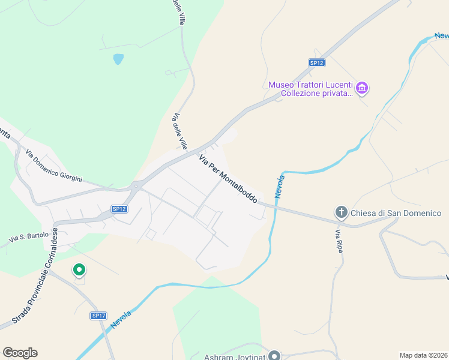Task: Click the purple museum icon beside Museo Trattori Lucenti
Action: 361,89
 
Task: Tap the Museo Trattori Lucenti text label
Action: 310,89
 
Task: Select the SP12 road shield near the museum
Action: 317,62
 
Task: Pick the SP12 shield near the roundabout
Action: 119,209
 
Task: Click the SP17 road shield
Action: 98,316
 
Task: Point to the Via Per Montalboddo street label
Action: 228,178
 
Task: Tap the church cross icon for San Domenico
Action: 341,212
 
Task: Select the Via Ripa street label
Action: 339,241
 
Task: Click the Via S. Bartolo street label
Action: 28,238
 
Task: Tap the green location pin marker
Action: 79,271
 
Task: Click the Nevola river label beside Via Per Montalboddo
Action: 279,187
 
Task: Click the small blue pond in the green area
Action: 118,59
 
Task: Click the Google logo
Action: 20,353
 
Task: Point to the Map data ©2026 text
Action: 423,355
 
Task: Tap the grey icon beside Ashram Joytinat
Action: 274,355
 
